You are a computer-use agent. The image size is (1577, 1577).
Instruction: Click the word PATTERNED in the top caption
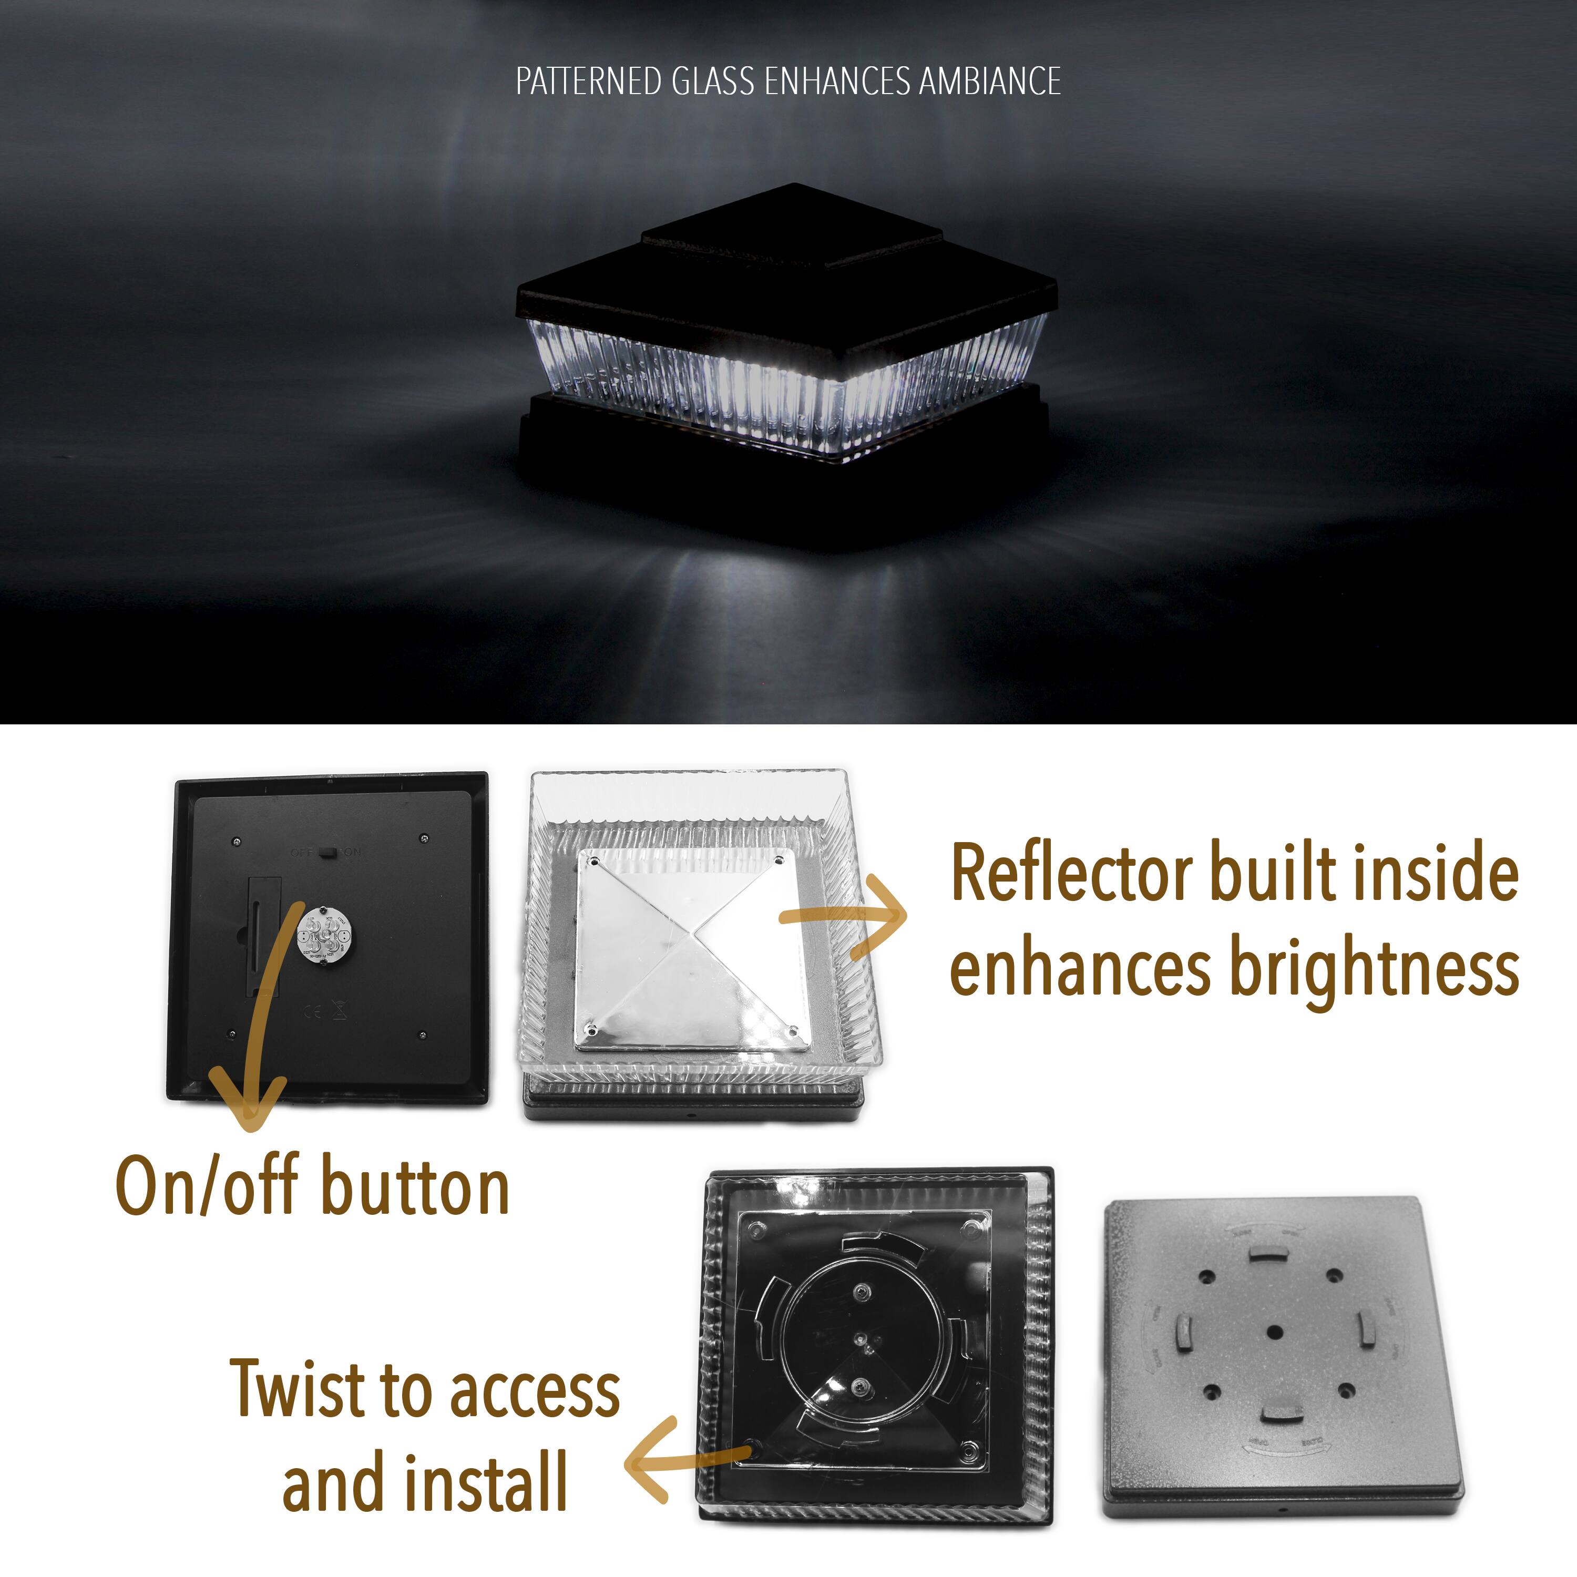pos(588,81)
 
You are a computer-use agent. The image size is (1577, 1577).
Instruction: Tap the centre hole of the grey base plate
pos(1274,1332)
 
